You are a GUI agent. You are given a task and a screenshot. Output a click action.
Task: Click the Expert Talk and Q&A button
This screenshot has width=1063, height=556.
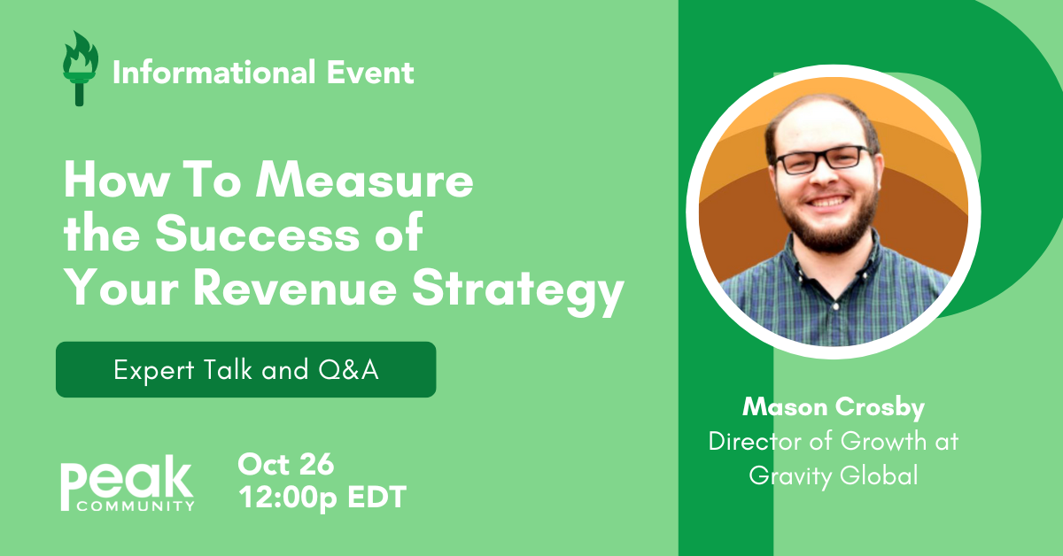coord(245,369)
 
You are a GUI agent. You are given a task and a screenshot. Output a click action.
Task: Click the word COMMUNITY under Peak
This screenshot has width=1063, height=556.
coord(136,506)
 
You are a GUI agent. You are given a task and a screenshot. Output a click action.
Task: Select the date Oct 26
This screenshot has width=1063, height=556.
coord(285,465)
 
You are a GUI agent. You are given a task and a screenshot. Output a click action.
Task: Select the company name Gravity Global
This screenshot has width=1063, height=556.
coord(832,475)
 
